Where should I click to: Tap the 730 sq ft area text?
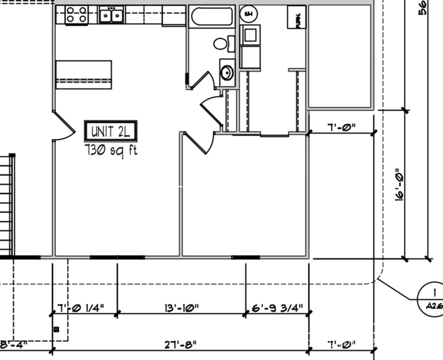110,150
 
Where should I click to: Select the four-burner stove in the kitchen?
76,15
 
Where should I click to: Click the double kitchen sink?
111,15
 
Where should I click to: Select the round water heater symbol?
249,14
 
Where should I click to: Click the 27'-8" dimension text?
181,344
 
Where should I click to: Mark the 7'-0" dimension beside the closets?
341,127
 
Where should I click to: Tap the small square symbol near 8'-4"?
57,329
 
